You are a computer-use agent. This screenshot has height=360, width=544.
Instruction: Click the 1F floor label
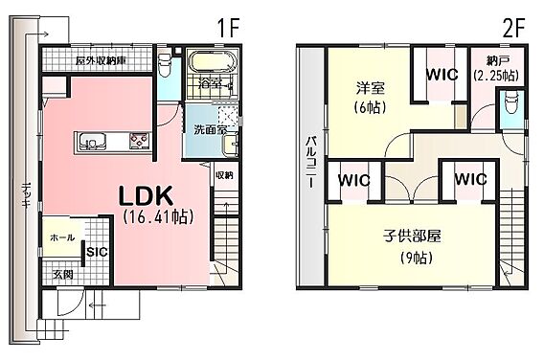(228, 28)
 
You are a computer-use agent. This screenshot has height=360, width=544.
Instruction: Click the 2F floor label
(513, 28)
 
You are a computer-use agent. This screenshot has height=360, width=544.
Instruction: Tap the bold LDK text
(146, 196)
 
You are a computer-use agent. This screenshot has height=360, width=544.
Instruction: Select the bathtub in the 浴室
(212, 62)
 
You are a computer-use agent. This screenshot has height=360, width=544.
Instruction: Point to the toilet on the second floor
(510, 102)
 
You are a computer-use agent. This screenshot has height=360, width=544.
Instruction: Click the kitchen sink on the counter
(89, 143)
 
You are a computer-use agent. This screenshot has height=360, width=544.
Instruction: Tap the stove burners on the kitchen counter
(140, 142)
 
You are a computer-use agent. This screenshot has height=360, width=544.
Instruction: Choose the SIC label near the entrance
(97, 252)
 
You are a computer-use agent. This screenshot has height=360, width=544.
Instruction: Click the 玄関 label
(63, 275)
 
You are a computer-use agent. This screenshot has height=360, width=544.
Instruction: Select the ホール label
(62, 237)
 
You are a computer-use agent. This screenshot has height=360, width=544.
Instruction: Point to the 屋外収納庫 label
(101, 60)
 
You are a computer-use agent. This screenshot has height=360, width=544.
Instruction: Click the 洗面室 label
(211, 130)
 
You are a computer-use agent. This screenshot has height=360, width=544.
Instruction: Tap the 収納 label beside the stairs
(224, 176)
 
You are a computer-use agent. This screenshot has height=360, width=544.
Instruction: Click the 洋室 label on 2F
(371, 88)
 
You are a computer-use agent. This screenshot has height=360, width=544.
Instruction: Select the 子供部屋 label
(412, 236)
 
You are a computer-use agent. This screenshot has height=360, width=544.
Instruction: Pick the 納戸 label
(497, 61)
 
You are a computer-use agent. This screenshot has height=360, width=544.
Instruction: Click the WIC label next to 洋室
(442, 75)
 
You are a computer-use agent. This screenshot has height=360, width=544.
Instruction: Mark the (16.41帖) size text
(158, 217)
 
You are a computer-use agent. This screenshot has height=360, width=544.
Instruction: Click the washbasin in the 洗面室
(230, 145)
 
